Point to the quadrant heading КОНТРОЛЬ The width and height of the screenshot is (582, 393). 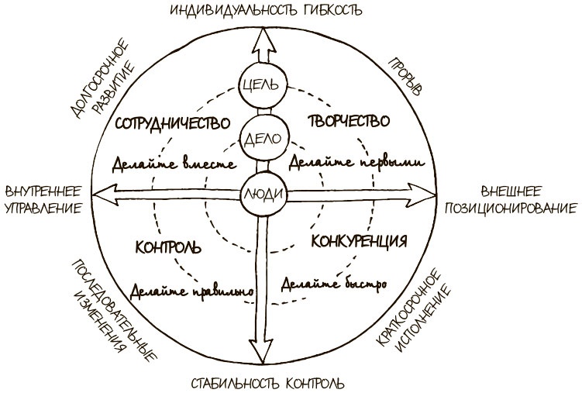[168, 248]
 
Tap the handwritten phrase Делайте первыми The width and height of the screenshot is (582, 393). [355, 163]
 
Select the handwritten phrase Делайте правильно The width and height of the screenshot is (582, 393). [193, 291]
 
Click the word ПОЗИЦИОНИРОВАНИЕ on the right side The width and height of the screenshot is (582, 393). [511, 209]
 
